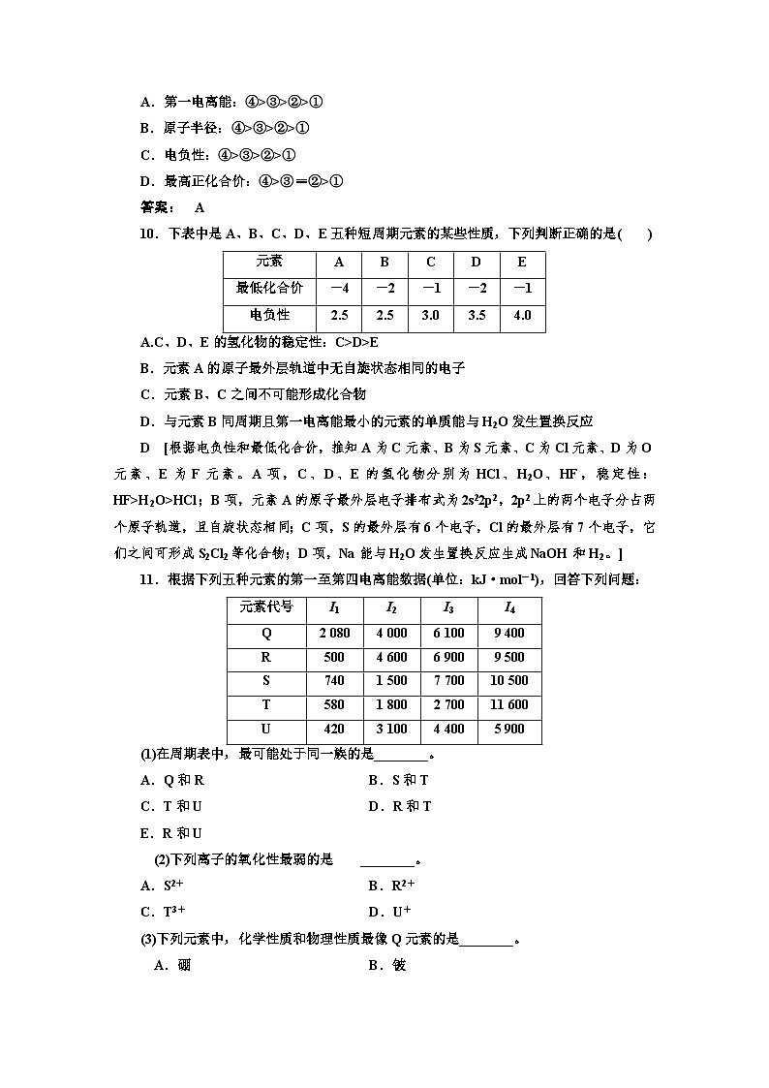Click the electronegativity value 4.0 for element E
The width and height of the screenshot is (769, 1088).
click(522, 316)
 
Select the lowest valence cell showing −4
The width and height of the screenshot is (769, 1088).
click(339, 289)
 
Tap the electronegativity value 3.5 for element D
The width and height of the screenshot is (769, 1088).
click(477, 316)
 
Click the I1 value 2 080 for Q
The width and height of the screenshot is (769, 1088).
click(333, 633)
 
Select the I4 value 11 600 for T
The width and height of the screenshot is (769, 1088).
click(509, 705)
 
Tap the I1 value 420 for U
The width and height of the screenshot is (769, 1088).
click(333, 730)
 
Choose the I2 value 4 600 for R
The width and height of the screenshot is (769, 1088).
click(390, 657)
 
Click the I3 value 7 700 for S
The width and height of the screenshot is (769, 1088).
click(448, 681)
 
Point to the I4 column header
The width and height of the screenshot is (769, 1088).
click(509, 608)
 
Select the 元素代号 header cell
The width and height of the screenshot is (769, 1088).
click(265, 608)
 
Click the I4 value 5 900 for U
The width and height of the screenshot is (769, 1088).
click(509, 730)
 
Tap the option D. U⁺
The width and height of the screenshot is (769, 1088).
click(390, 912)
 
